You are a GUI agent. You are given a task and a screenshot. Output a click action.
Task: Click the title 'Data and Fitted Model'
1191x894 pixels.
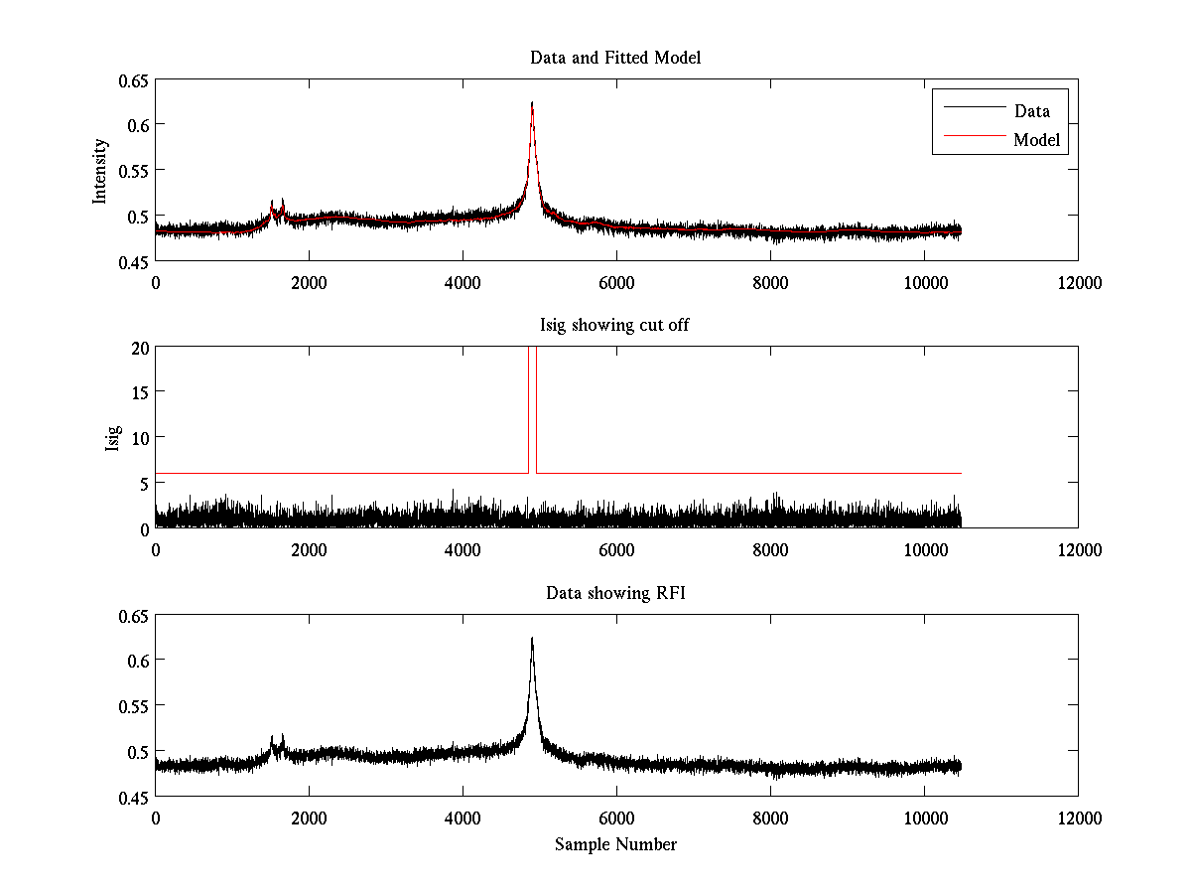(615, 58)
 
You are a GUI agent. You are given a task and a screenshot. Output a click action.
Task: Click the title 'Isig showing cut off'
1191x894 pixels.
(615, 326)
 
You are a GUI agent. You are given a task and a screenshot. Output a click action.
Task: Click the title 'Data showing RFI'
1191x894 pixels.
(615, 593)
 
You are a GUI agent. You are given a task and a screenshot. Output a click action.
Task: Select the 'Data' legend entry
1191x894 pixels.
(1031, 111)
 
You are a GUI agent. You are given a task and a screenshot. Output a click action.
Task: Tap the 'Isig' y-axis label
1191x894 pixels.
(112, 437)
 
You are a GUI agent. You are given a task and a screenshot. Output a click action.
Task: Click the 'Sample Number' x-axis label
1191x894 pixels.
(615, 844)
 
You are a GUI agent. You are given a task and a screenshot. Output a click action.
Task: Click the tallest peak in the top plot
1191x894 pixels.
(532, 103)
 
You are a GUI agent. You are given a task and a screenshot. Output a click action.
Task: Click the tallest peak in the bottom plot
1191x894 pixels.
(532, 639)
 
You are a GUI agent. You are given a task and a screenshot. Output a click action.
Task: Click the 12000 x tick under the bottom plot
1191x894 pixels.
(1078, 819)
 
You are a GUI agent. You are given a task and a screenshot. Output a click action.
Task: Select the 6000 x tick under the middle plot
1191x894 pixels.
(616, 550)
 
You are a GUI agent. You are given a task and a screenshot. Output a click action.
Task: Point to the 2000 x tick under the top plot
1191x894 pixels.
(309, 283)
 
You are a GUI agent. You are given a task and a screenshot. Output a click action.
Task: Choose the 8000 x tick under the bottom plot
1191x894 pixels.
(770, 819)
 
